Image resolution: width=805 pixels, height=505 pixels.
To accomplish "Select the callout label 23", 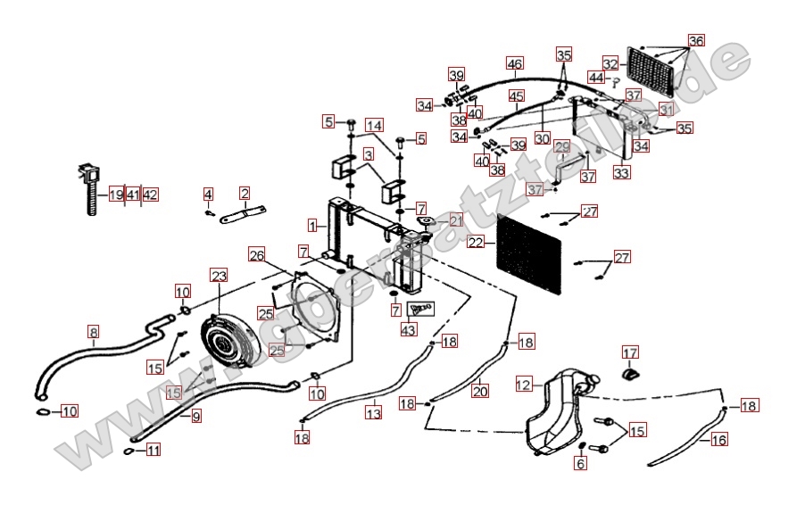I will tap(219, 276).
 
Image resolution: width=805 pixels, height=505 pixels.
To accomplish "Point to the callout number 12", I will tap(523, 385).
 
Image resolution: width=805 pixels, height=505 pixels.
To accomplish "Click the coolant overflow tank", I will tap(553, 410).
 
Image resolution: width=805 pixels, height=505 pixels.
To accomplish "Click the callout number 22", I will tap(475, 242).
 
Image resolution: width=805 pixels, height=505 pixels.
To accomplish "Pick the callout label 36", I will tap(695, 41).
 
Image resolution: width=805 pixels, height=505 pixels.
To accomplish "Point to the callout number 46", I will tap(515, 64).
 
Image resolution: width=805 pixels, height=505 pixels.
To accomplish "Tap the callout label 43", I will tap(409, 330).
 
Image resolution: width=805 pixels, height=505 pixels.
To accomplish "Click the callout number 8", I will tap(94, 333).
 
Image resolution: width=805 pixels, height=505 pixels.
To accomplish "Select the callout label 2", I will tap(244, 193).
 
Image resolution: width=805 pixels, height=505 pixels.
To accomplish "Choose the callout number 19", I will tap(116, 195).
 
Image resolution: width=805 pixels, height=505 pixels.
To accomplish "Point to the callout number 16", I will tap(719, 439).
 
